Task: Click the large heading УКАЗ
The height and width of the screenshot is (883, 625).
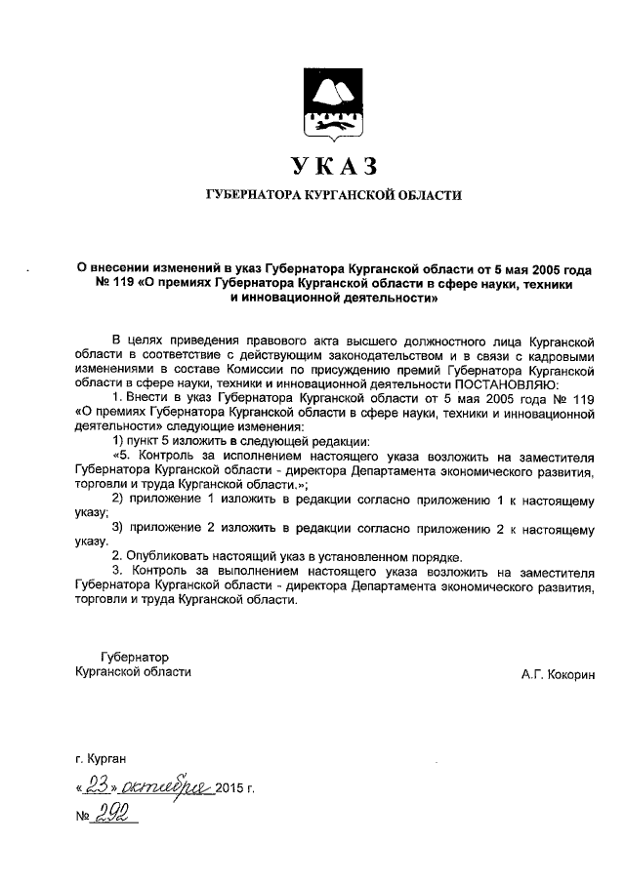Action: (x=331, y=165)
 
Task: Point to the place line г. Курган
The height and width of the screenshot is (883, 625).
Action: (x=101, y=757)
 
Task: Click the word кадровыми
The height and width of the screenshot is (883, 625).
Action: (x=560, y=357)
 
